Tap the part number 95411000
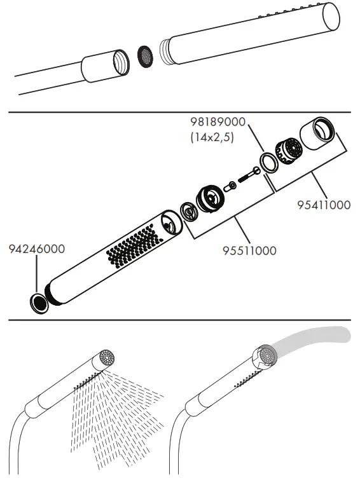324,205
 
